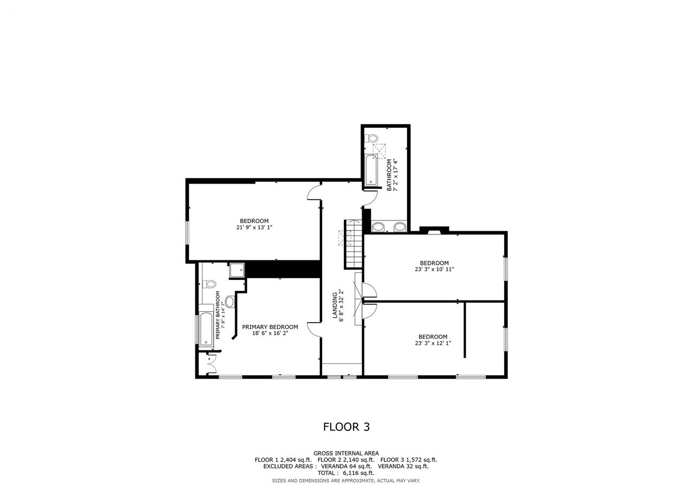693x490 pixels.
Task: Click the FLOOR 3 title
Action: [x=346, y=427]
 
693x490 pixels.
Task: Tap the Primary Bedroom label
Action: [x=270, y=327]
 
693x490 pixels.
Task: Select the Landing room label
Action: [x=335, y=305]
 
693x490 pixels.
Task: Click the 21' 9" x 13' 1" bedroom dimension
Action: [x=254, y=227]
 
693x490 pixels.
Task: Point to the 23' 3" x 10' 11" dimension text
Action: [x=434, y=269]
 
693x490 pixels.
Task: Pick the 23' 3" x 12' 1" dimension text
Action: [x=433, y=343]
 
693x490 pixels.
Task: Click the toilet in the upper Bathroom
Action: [x=371, y=138]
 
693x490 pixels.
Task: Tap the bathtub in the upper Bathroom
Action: [x=371, y=170]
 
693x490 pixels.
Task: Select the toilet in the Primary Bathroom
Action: [x=209, y=284]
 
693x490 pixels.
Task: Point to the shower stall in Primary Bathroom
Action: [x=237, y=271]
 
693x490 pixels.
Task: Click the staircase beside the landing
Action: [x=354, y=244]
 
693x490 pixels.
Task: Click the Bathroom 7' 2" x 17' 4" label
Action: [x=391, y=175]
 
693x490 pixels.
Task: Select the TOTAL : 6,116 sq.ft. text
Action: [x=346, y=473]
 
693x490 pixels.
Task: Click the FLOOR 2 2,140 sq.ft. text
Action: [x=346, y=460]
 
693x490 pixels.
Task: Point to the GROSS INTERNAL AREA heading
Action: [x=346, y=454]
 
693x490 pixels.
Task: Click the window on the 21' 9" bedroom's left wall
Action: [x=187, y=233]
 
